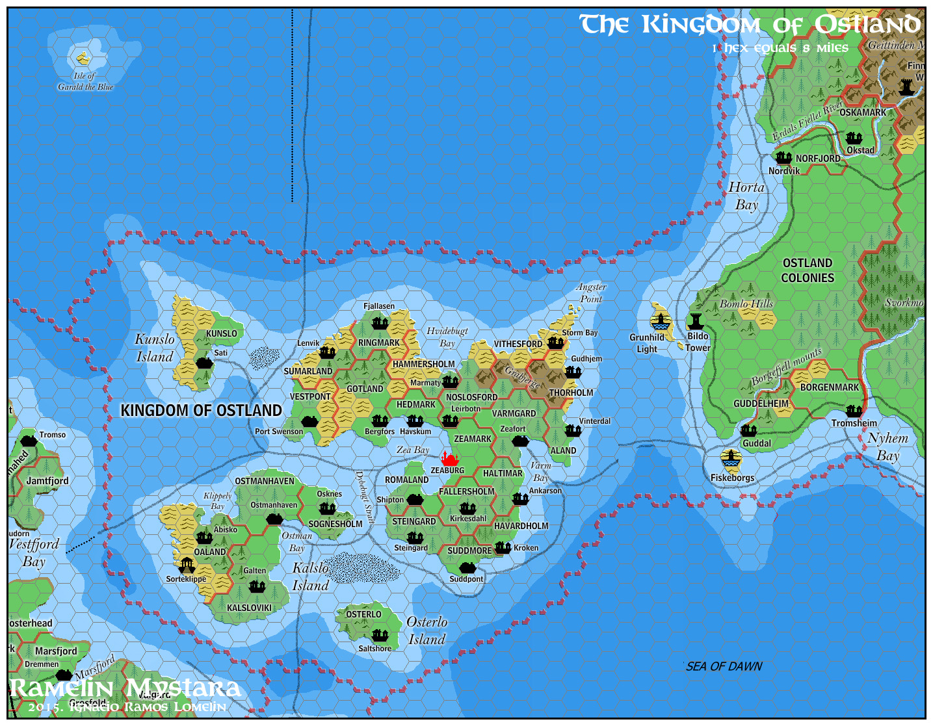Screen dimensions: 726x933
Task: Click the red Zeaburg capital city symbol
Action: click(449, 459)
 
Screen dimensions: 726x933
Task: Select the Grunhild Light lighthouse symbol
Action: click(661, 322)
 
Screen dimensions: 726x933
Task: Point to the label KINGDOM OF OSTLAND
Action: click(202, 410)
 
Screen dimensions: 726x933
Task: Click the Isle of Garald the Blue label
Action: click(85, 81)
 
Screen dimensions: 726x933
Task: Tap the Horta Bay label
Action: click(746, 196)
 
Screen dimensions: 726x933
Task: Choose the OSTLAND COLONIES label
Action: click(808, 270)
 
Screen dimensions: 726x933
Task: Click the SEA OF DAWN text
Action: click(724, 666)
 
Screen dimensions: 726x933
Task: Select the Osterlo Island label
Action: click(427, 630)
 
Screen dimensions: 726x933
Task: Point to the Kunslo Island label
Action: click(155, 348)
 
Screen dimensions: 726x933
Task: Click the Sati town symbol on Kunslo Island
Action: click(204, 363)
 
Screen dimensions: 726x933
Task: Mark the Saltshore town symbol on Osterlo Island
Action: click(379, 635)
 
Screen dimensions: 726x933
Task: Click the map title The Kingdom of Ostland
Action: click(750, 25)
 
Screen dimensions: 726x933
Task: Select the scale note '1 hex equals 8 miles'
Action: click(780, 48)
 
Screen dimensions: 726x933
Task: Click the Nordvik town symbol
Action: click(783, 158)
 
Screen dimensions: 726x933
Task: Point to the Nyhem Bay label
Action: click(887, 447)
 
